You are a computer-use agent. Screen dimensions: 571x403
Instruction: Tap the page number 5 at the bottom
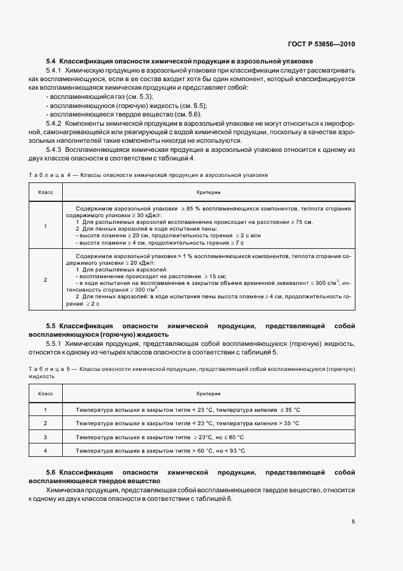[353, 521]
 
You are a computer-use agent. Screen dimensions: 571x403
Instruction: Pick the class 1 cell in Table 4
[45, 226]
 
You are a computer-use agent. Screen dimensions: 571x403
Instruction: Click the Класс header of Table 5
[45, 394]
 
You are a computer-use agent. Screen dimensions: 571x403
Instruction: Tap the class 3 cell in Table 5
[45, 437]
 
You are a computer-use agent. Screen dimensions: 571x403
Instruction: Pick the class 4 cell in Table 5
[45, 450]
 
